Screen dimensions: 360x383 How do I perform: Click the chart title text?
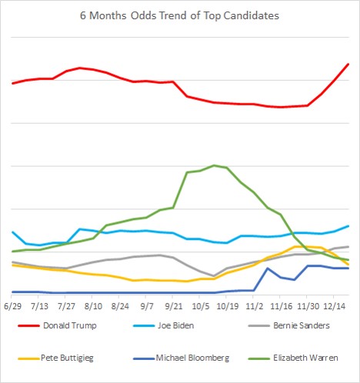[179, 15]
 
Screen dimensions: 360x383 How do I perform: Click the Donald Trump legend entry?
[57, 325]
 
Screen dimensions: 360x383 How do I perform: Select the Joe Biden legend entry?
[163, 325]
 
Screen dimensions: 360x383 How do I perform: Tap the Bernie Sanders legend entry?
[289, 325]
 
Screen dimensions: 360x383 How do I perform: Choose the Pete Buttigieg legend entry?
[55, 358]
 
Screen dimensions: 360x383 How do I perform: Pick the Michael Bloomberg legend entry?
[181, 358]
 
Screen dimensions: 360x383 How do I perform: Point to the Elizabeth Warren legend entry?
[293, 358]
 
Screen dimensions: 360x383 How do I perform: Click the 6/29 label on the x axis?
[12, 306]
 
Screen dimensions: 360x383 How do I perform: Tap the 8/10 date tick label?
[93, 306]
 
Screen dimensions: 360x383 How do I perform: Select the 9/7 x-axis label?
[147, 306]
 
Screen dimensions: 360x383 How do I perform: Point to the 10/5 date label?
[201, 306]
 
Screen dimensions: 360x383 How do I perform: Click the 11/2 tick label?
[255, 306]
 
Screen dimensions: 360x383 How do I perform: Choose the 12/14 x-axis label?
[335, 306]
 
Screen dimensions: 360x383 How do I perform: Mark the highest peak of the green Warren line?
[214, 165]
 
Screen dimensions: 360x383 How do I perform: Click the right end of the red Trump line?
[348, 64]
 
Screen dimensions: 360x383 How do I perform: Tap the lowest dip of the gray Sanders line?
[214, 276]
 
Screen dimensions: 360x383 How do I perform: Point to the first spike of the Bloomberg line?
[268, 268]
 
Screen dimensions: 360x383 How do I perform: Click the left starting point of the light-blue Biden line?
[12, 231]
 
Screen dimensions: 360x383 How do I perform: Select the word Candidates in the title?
[252, 15]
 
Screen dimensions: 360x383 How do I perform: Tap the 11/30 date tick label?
[308, 306]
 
